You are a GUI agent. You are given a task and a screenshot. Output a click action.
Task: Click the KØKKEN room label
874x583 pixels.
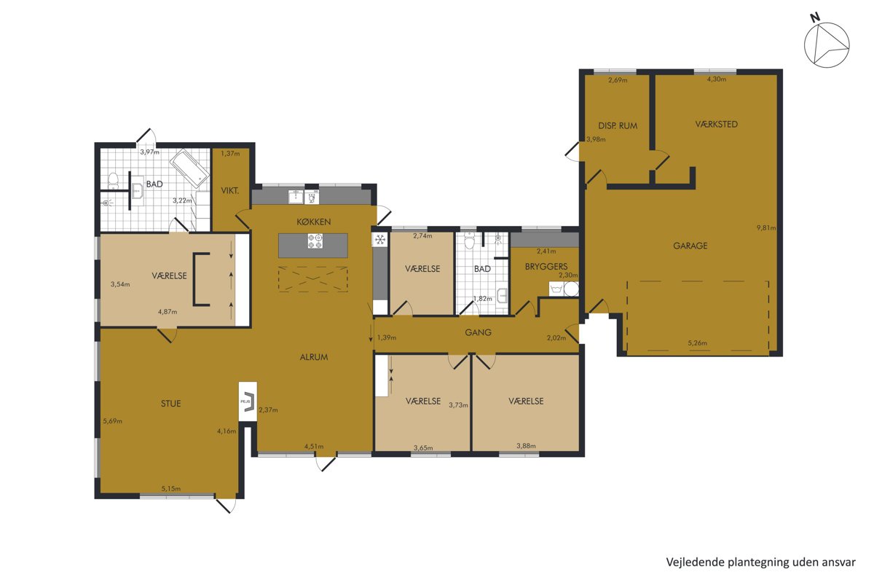[x=314, y=222]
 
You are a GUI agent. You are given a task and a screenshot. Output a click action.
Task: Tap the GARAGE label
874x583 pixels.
[x=690, y=246]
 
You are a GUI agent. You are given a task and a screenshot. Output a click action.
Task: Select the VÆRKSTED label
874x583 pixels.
[x=717, y=124]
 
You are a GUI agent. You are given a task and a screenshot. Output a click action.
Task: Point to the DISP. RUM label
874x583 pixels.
[x=618, y=126]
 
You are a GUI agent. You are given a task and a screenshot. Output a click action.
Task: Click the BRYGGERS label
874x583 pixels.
[x=546, y=267]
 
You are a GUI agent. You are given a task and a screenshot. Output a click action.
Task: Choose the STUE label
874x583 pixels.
[x=171, y=404]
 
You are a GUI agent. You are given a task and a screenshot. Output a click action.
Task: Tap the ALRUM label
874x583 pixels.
[x=314, y=357]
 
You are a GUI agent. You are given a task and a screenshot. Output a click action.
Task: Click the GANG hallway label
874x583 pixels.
[x=478, y=332]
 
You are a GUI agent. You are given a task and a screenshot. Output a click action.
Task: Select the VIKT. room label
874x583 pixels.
[x=230, y=191]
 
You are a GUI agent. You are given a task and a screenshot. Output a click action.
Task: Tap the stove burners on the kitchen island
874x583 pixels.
[x=315, y=240]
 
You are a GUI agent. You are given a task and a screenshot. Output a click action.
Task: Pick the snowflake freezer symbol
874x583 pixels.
[x=380, y=239]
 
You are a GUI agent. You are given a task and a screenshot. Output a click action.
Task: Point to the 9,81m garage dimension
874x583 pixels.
[x=766, y=227]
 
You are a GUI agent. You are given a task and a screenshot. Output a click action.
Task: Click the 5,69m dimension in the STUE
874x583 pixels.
[x=112, y=421]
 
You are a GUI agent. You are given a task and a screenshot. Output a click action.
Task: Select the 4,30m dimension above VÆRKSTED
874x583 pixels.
[x=717, y=79]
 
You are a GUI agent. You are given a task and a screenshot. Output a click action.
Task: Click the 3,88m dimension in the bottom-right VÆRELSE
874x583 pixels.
[x=526, y=445]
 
